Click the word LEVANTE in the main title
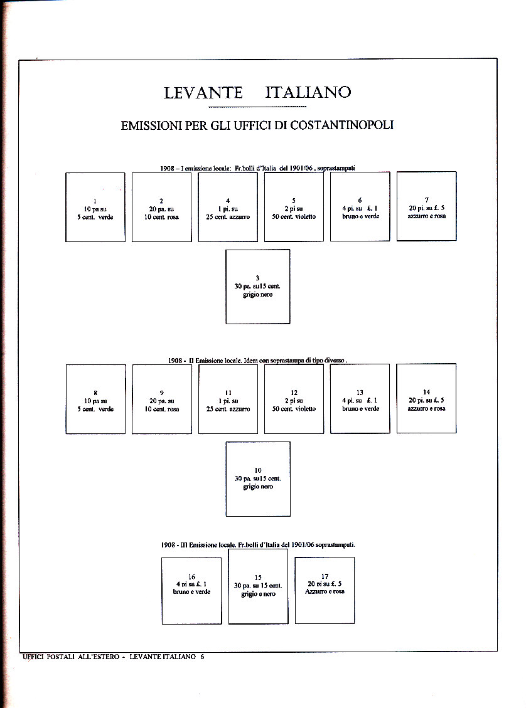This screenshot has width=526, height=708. point(203,93)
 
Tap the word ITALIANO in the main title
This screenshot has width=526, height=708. point(308,93)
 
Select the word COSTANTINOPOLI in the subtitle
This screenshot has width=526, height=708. point(341,125)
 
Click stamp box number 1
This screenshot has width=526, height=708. point(95,207)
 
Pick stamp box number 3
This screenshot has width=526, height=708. point(257,287)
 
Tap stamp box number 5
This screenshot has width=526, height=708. point(294,206)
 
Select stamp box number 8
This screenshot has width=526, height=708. point(95,399)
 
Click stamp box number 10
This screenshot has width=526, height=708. point(257,478)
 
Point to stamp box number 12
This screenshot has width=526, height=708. point(294,399)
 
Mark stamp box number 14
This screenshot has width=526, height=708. point(426,398)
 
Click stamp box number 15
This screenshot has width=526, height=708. point(258,586)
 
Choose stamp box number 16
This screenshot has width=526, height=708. point(191,591)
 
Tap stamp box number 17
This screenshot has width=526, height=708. point(325,590)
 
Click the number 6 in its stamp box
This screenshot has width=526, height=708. point(360,201)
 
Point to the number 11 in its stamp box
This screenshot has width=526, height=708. point(228,393)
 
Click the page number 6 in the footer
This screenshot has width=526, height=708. point(202,657)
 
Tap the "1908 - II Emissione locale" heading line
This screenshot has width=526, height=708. point(257,361)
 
